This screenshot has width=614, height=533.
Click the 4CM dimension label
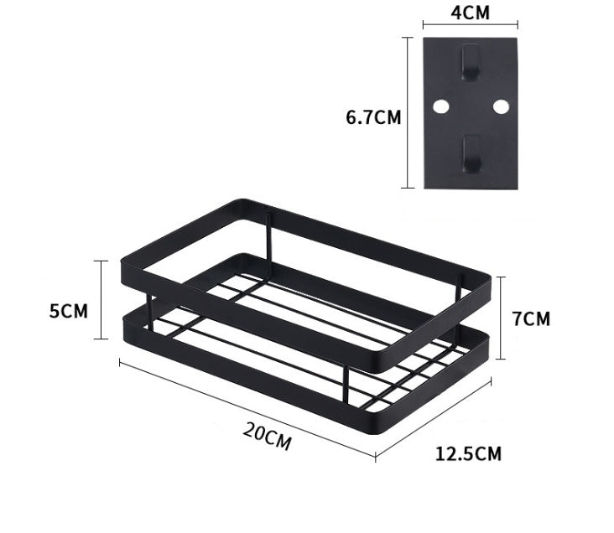coord(470,13)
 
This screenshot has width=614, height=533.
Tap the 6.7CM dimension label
coord(373,117)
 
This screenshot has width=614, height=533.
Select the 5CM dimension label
coord(68,311)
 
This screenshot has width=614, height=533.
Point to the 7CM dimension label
coord(532,318)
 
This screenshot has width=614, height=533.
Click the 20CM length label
coord(267,437)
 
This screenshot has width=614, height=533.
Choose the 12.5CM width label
coord(468,454)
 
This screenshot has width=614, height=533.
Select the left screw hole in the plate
coord(439,106)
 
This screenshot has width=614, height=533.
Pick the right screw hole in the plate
coord(501,106)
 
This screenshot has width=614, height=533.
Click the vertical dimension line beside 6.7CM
coord(408,112)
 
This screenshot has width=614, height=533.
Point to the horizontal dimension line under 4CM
coord(470,27)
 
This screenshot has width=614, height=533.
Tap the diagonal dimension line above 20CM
coord(247,409)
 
